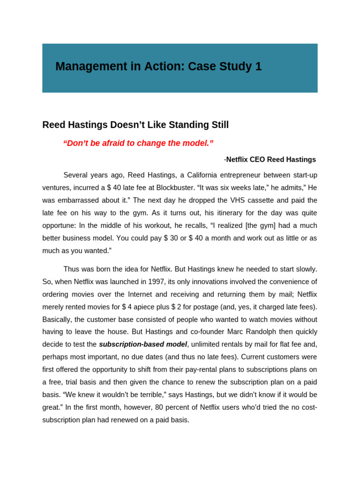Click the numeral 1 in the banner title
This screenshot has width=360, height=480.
[259, 67]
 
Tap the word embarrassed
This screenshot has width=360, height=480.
[77, 200]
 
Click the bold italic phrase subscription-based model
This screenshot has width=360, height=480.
[143, 345]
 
